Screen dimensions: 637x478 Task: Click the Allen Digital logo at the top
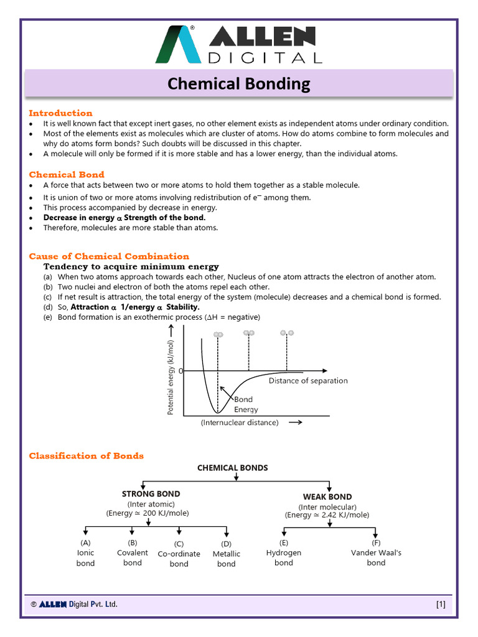[x=239, y=45]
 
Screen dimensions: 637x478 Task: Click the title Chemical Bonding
[x=240, y=83]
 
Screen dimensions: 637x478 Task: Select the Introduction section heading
[x=60, y=113]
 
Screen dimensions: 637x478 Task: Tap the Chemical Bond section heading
[x=67, y=175]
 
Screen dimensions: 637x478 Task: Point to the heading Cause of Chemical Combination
[x=109, y=256]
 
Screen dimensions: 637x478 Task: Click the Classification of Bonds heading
[x=87, y=456]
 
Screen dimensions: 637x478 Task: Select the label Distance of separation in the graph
[x=308, y=381]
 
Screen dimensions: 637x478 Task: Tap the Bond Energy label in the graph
[x=244, y=404]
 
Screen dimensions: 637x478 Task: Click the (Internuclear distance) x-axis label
[x=240, y=422]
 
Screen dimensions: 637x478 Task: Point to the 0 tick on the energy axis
[x=180, y=371]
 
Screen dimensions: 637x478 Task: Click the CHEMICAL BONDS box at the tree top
[x=233, y=468]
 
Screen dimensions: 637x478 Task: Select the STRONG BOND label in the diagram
[x=151, y=494]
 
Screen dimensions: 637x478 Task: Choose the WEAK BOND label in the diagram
[x=327, y=496]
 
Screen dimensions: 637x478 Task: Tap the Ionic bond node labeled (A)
[x=86, y=553]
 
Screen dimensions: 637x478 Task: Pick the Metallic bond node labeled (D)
[x=227, y=554]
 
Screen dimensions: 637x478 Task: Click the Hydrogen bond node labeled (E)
[x=284, y=552]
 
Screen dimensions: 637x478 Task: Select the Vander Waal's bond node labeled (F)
[x=376, y=552]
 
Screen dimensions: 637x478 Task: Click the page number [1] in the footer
[x=440, y=604]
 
